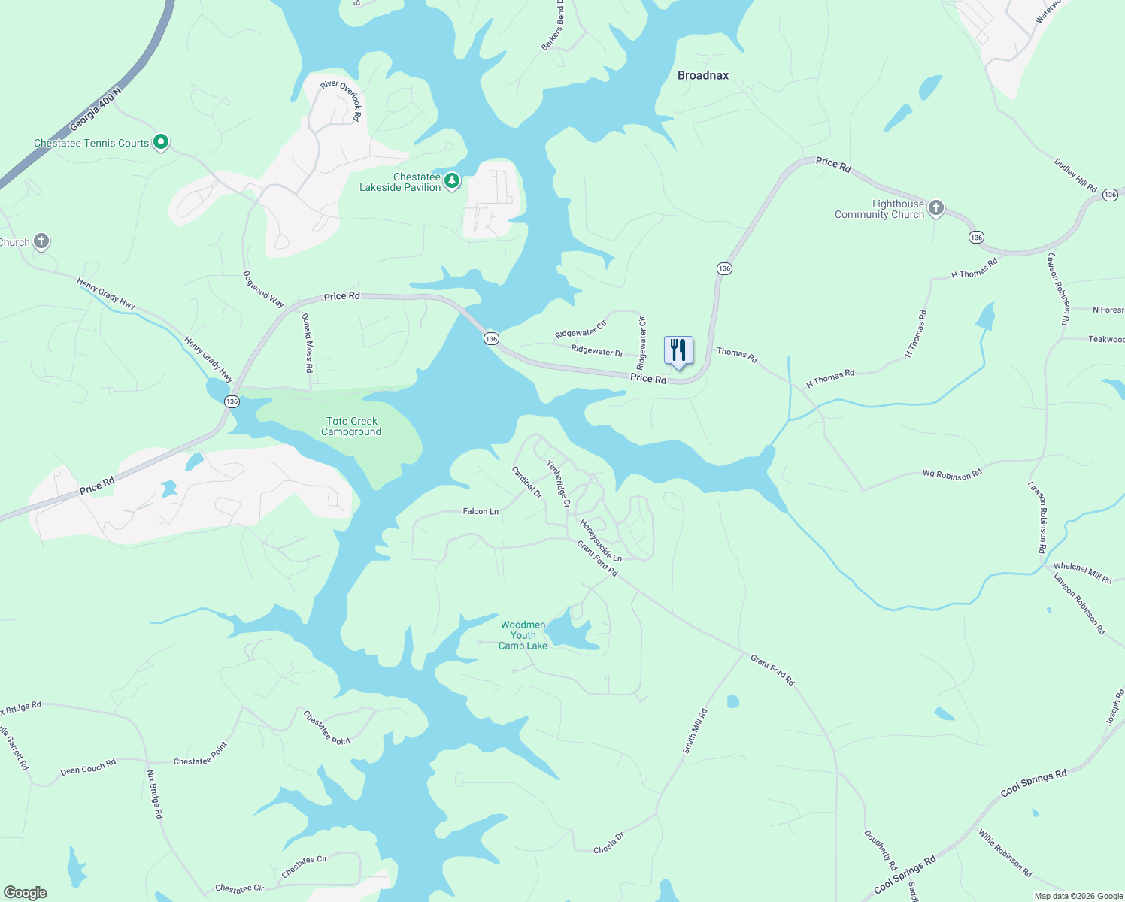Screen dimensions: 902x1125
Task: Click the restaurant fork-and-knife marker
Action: (678, 350)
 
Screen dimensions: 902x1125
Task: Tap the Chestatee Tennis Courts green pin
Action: (160, 141)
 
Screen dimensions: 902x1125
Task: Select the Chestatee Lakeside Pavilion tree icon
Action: (452, 180)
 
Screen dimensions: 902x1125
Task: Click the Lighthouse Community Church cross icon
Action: (936, 207)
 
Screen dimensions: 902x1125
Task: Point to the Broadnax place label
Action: (703, 75)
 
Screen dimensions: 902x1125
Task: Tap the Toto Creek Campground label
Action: (352, 427)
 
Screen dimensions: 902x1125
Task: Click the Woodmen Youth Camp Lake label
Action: (523, 635)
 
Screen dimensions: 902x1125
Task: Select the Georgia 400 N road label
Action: (95, 110)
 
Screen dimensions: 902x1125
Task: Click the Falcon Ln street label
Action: (481, 511)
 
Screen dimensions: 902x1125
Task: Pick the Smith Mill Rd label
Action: (695, 731)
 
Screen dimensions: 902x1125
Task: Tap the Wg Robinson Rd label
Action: (952, 474)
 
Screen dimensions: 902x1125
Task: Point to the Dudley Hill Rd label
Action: (1075, 175)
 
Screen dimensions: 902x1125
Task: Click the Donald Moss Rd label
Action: (307, 343)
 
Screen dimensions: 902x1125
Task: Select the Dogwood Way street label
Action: (263, 289)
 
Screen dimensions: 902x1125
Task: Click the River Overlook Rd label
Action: (342, 98)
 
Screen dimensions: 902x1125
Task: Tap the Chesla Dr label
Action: (609, 843)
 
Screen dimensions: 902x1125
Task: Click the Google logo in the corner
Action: (26, 893)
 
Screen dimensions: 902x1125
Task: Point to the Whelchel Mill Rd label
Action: (1082, 573)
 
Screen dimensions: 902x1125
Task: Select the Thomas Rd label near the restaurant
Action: (737, 354)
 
